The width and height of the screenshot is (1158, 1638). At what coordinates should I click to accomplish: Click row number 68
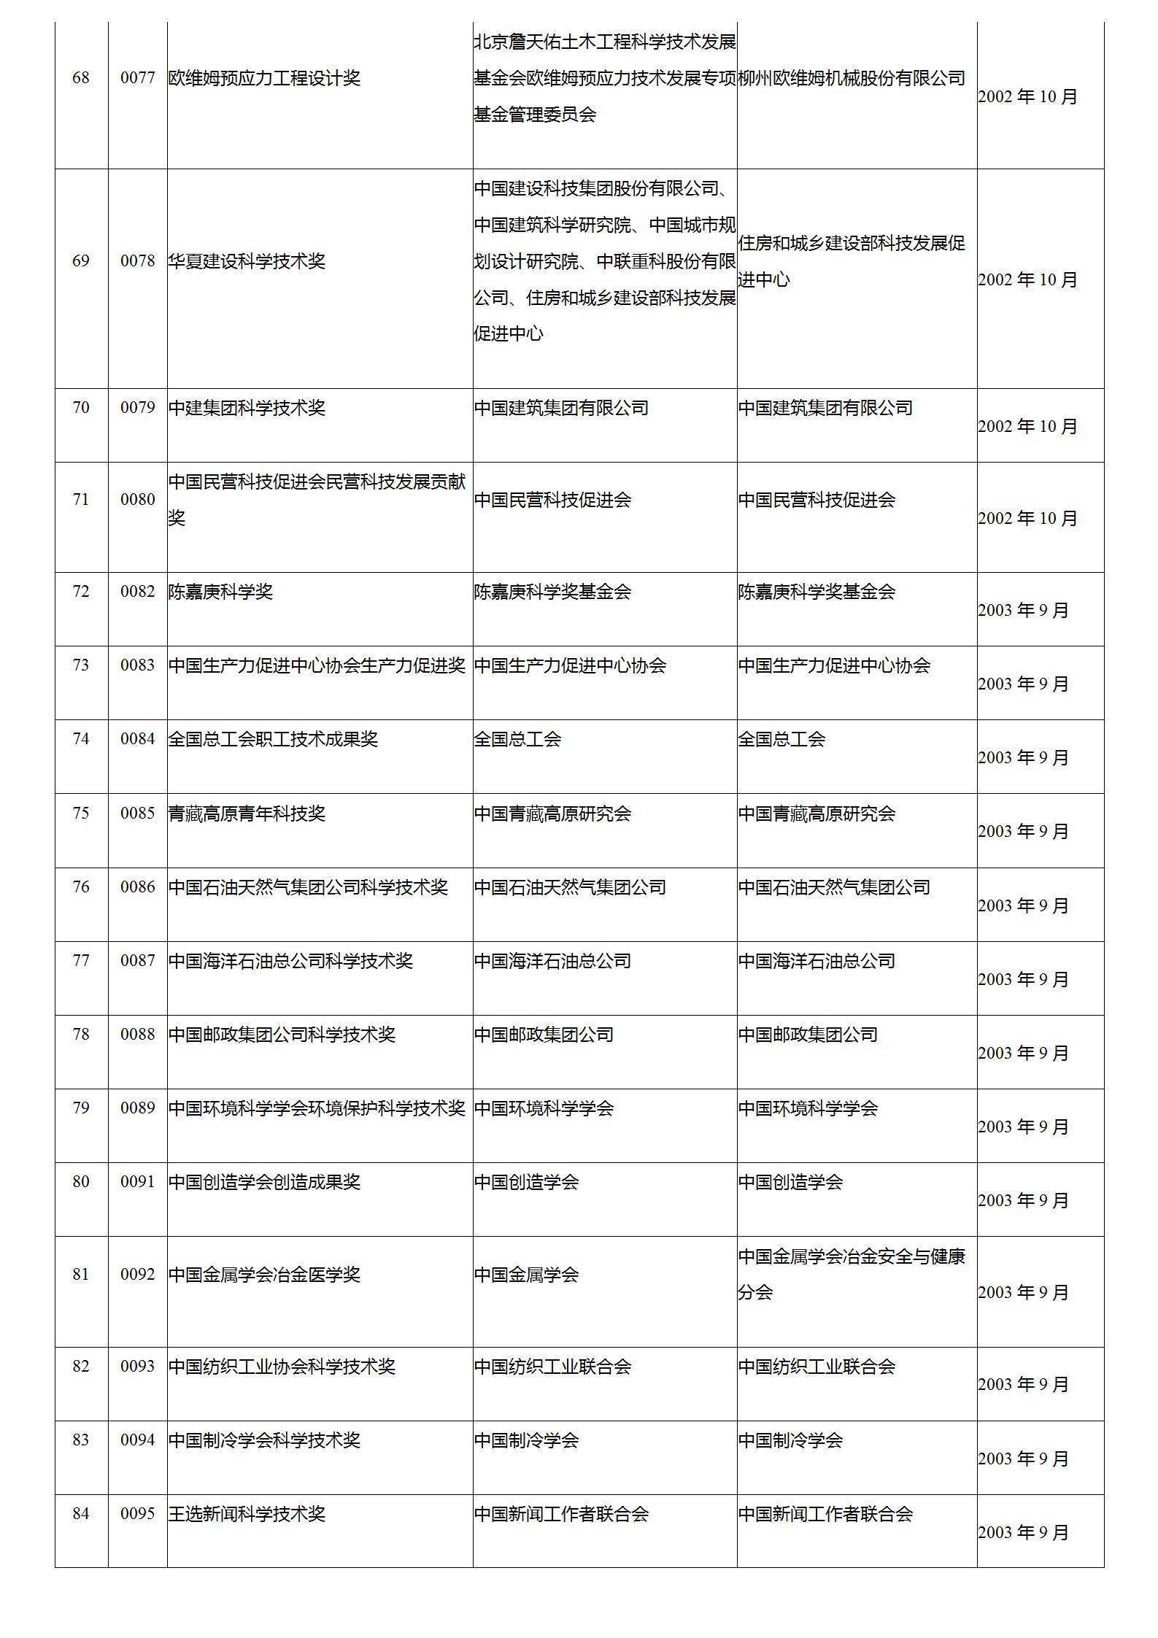click(80, 78)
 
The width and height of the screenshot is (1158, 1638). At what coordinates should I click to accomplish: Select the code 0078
click(138, 261)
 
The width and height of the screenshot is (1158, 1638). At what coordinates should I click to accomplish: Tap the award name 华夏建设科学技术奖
click(247, 261)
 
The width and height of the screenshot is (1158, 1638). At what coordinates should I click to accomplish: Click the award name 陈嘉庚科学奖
click(220, 591)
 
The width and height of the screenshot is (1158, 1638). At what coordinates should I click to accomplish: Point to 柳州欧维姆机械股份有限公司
click(852, 78)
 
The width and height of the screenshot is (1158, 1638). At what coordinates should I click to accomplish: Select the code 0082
click(138, 591)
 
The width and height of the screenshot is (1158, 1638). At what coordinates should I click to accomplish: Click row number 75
click(80, 813)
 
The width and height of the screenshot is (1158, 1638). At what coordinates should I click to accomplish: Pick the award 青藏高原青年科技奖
click(247, 813)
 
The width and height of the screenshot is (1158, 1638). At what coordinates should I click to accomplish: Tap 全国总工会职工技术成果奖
click(273, 739)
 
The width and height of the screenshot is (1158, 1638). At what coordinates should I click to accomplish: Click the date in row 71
click(1027, 518)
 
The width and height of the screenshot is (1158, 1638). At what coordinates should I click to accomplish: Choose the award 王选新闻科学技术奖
click(247, 1514)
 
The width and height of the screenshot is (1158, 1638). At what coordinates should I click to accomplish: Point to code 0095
click(138, 1513)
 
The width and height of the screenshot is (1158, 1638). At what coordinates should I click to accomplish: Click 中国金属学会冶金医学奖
click(264, 1275)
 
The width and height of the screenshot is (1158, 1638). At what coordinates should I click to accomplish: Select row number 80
click(80, 1181)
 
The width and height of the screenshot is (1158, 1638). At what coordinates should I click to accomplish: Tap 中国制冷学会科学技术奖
click(264, 1440)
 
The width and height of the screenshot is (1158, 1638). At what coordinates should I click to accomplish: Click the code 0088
click(138, 1034)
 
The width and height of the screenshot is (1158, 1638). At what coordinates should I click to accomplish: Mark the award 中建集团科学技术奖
click(247, 407)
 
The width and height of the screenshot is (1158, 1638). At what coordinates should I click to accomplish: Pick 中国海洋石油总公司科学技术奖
click(290, 960)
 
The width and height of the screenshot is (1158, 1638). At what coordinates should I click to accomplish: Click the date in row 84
click(1023, 1532)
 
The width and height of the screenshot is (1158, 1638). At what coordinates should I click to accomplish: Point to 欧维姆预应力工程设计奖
click(264, 78)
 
